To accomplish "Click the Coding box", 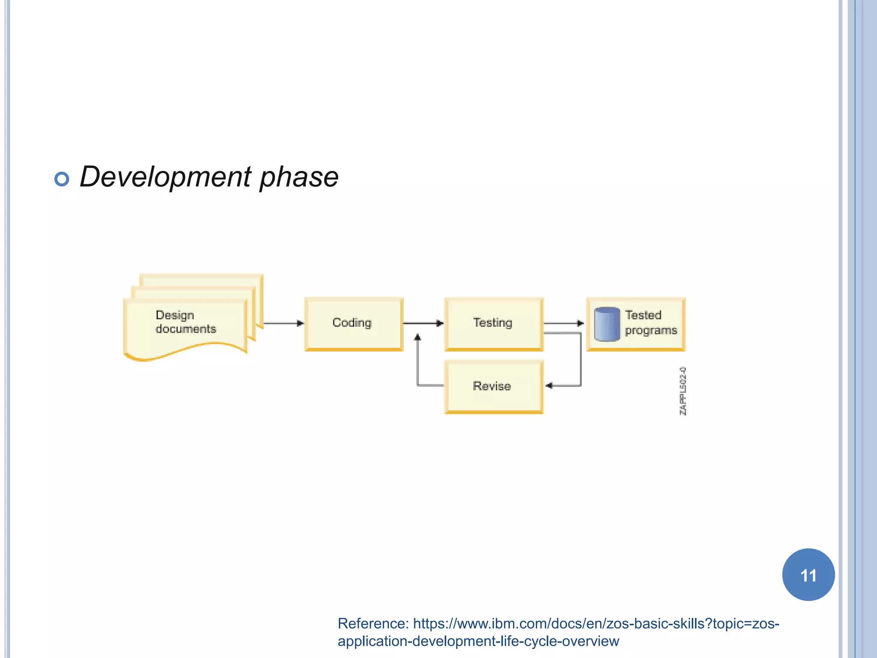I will click(354, 324).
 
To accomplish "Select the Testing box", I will click(494, 324).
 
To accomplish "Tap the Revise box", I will click(494, 387).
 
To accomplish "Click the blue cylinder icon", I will click(607, 324).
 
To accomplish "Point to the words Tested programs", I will click(650, 323).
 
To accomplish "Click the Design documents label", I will click(185, 322).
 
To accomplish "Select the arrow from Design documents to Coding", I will click(283, 323).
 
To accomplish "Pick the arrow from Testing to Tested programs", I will click(564, 323).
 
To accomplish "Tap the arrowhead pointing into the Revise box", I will click(549, 386).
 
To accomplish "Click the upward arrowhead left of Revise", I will click(418, 338).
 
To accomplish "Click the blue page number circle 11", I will click(808, 575).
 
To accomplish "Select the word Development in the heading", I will click(166, 177).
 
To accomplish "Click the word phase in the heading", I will click(299, 177).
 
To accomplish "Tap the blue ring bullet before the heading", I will click(62, 179).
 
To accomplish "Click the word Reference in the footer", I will click(373, 623).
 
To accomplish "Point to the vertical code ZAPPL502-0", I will click(683, 391).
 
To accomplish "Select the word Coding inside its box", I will click(352, 323).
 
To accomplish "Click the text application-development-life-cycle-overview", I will click(478, 641).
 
